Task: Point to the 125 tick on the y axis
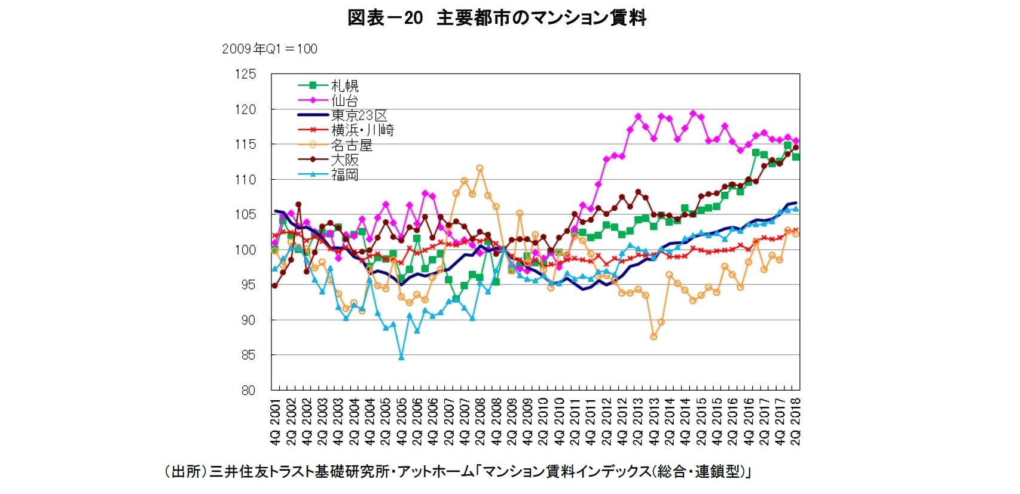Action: click(x=245, y=74)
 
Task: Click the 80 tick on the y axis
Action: click(x=248, y=391)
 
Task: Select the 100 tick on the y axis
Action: click(x=245, y=250)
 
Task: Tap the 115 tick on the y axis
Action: click(x=245, y=145)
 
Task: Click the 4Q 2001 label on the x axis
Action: click(x=275, y=422)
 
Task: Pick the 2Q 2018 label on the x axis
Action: click(x=796, y=422)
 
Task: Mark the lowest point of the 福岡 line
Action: click(x=401, y=357)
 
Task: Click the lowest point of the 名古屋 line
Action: click(x=653, y=337)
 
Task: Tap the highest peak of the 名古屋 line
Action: click(x=480, y=168)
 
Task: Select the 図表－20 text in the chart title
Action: click(x=385, y=18)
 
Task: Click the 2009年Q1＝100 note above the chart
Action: click(x=270, y=49)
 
